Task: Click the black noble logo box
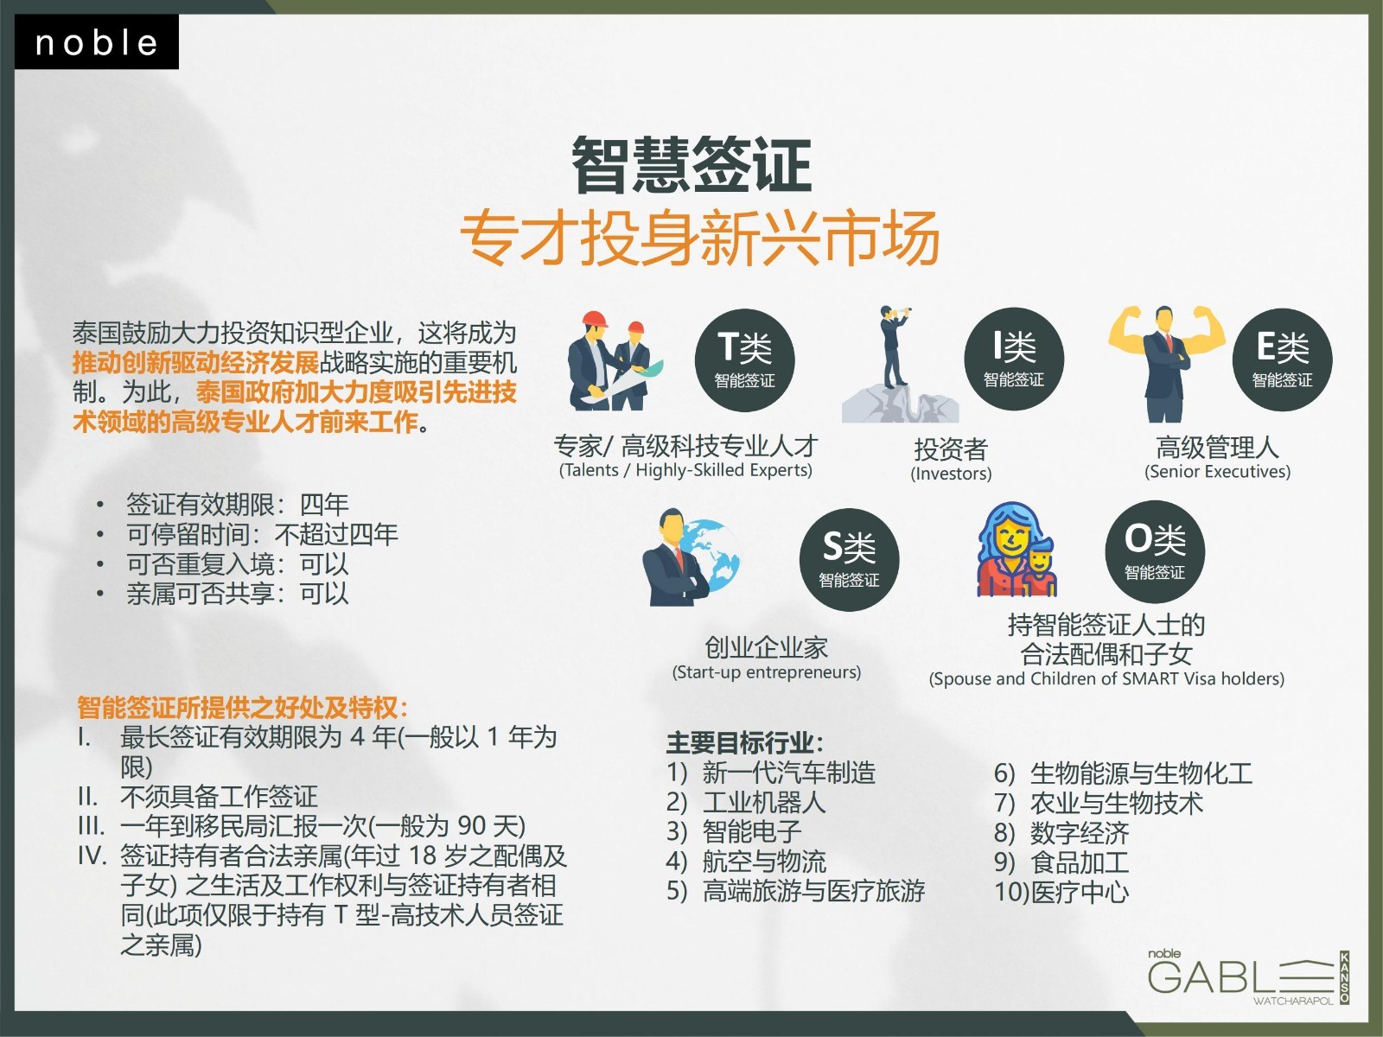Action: tap(97, 41)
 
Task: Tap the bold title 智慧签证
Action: tap(691, 165)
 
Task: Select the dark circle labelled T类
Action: tap(745, 360)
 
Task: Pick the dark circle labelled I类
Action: tap(1014, 359)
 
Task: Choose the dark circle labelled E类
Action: tap(1282, 360)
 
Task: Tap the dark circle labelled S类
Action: tap(850, 560)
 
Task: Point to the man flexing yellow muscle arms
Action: tap(1166, 363)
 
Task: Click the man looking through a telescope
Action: tap(894, 347)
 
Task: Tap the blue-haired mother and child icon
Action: tap(1016, 549)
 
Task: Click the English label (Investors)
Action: tap(951, 474)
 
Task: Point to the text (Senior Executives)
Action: tap(1217, 472)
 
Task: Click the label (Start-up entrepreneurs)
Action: tap(766, 672)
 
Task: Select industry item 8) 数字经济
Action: tap(1061, 833)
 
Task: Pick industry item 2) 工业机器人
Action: tap(746, 803)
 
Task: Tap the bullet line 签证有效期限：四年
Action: tap(237, 505)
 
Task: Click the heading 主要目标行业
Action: tap(745, 743)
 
